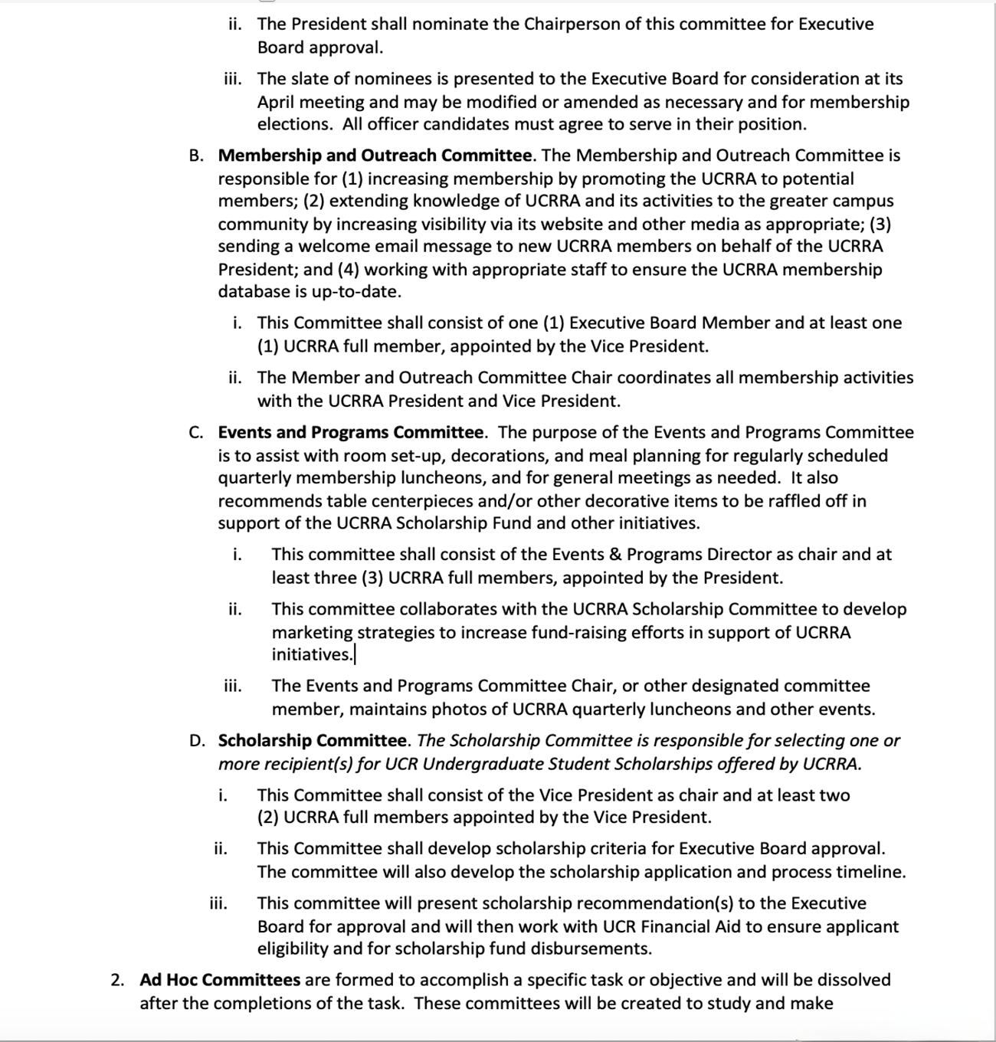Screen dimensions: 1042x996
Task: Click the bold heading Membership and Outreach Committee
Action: coord(375,156)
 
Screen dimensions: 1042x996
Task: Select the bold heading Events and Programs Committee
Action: coord(350,432)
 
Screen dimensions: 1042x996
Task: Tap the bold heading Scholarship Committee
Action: coord(312,741)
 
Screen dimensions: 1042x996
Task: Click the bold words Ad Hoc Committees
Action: coord(220,980)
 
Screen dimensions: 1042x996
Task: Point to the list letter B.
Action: coord(195,156)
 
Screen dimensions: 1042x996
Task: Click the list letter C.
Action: coord(195,432)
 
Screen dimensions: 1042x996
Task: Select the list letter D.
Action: coord(196,741)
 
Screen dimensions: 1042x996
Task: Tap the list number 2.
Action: coord(116,980)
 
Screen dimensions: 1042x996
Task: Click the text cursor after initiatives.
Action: coord(355,655)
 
